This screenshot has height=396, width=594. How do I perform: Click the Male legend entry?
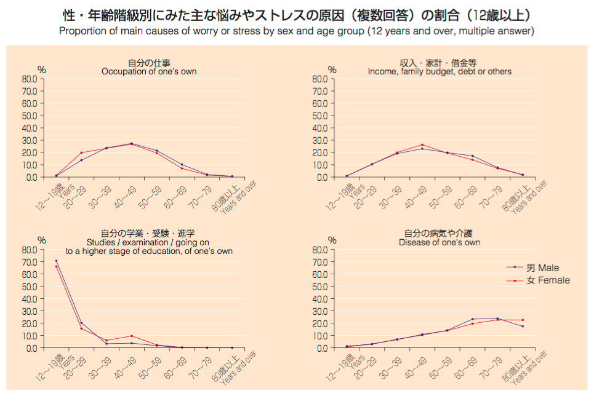pyautogui.click(x=542, y=267)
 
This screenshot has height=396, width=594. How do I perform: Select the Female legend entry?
pyautogui.click(x=547, y=280)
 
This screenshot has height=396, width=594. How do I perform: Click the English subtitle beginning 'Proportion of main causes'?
pyautogui.click(x=297, y=31)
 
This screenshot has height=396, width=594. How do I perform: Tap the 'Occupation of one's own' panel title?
pyautogui.click(x=149, y=71)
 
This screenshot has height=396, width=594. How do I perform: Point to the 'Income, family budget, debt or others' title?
pyautogui.click(x=439, y=71)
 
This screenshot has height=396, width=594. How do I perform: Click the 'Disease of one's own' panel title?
pyautogui.click(x=439, y=242)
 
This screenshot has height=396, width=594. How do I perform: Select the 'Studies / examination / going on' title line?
pyautogui.click(x=148, y=242)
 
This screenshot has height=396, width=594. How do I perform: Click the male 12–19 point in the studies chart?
pyautogui.click(x=56, y=261)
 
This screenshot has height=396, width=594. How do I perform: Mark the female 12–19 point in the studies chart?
pyautogui.click(x=56, y=266)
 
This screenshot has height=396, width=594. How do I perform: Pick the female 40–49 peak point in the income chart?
pyautogui.click(x=422, y=145)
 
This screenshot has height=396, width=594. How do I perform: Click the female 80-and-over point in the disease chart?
pyautogui.click(x=523, y=320)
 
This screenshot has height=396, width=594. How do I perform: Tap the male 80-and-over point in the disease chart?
pyautogui.click(x=523, y=326)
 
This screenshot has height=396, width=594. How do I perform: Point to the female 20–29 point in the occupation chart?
pyautogui.click(x=81, y=152)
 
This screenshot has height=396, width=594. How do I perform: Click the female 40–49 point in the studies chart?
pyautogui.click(x=132, y=336)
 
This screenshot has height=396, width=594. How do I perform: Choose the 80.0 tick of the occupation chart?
pyautogui.click(x=29, y=79)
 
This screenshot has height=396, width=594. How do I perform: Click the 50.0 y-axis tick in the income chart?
pyautogui.click(x=319, y=116)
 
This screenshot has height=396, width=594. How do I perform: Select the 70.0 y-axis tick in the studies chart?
pyautogui.click(x=29, y=262)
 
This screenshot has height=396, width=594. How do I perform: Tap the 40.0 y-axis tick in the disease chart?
pyautogui.click(x=319, y=299)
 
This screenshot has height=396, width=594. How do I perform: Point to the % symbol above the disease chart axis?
pyautogui.click(x=332, y=240)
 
